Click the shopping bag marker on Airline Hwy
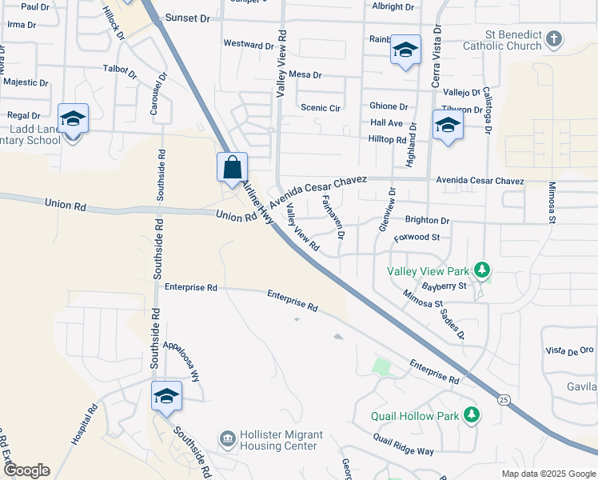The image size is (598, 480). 232,169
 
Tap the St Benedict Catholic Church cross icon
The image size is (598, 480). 554,38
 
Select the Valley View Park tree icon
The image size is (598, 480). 482,270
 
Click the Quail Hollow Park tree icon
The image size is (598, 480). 472,414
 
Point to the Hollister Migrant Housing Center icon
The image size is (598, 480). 227,438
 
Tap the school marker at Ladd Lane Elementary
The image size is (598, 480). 73,120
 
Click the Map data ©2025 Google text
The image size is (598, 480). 548,474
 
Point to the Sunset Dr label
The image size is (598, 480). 186,17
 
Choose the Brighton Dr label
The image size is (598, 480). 427,220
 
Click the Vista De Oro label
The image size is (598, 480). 569,350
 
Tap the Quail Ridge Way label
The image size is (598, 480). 403,444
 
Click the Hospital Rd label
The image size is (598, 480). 84,424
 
